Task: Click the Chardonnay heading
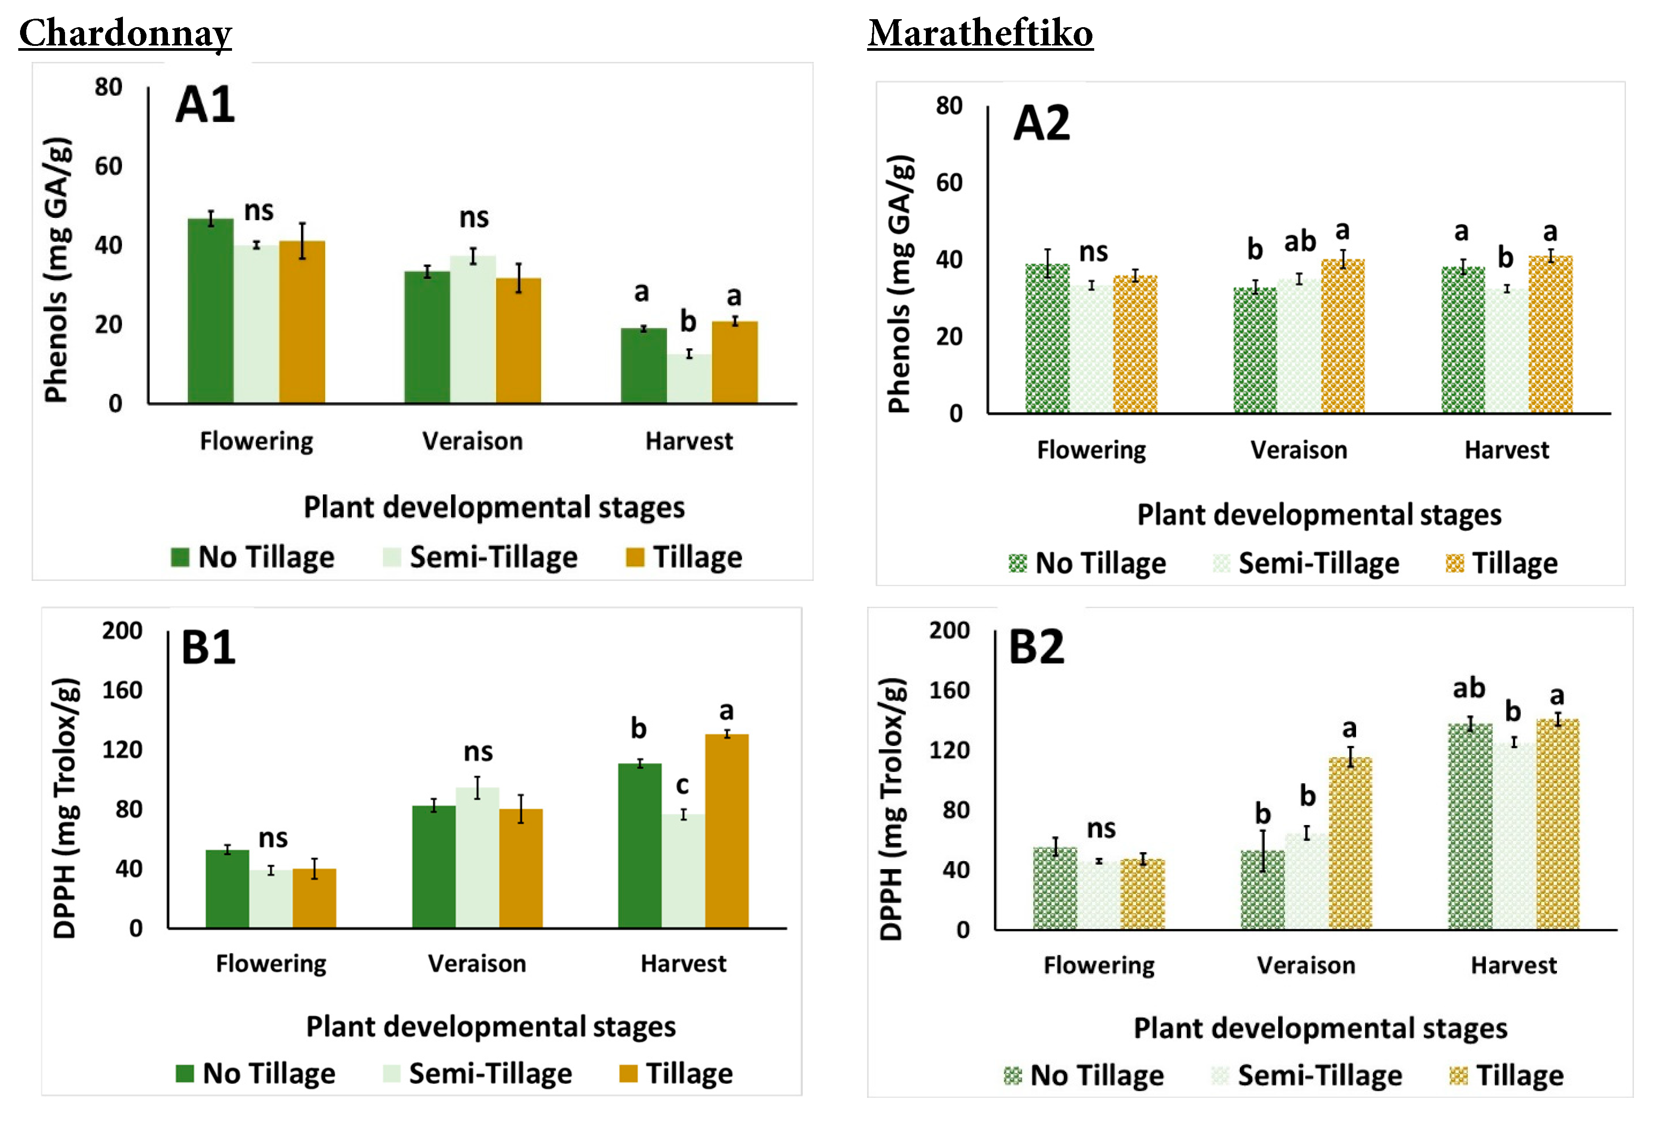click(125, 33)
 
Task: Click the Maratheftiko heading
click(980, 33)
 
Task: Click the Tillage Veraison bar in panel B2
click(1350, 843)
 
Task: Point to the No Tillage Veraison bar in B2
click(1263, 889)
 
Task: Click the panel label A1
click(205, 105)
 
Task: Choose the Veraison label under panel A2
click(1299, 450)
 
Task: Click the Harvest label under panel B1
click(683, 963)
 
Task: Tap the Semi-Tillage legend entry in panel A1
click(481, 557)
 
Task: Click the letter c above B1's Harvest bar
click(682, 785)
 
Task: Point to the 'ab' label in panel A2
click(1300, 242)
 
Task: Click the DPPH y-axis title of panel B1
click(65, 808)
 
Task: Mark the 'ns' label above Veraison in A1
click(474, 217)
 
